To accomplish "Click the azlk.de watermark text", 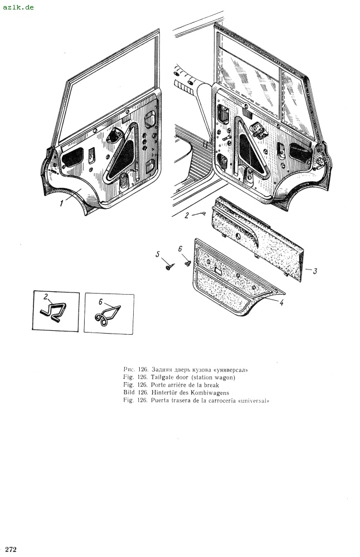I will point(18,7).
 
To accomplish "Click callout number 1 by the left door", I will point(62,204).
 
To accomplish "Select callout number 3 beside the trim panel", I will point(315,271).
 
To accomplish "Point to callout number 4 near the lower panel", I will point(283,304).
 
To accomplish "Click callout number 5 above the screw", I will point(158,255).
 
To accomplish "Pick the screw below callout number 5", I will point(168,267).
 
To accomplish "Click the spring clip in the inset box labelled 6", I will point(108,315).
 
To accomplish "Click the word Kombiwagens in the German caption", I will point(206,393).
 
